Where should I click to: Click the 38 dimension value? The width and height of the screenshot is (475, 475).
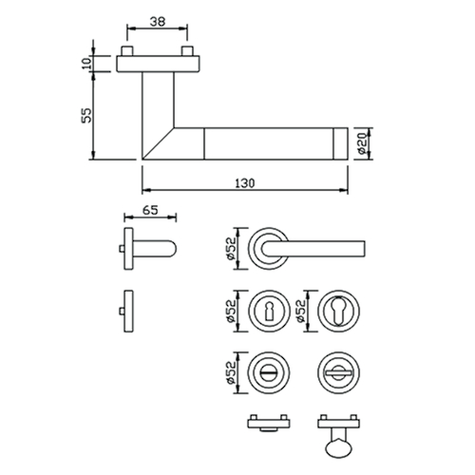158,22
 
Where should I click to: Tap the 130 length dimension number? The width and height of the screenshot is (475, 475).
245,183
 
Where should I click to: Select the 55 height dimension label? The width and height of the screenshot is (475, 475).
86,115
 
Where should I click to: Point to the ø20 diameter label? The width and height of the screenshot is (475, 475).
363,143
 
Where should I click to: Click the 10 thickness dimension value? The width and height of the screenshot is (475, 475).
87,64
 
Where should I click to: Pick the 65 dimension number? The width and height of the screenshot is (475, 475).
150,210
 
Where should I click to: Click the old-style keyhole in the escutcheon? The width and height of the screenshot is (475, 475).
269,311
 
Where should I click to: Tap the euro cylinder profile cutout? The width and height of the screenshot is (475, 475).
338,311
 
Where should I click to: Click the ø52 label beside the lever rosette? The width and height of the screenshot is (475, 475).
231,249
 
